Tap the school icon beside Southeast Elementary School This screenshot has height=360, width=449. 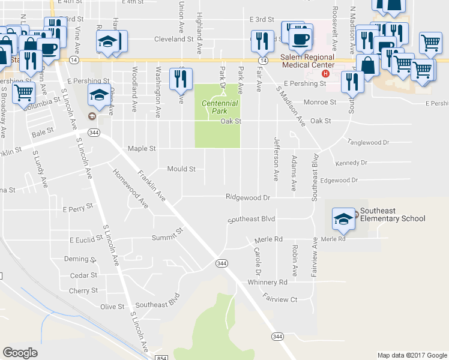[344, 219]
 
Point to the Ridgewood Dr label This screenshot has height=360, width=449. [249, 197]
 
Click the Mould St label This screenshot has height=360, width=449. [181, 169]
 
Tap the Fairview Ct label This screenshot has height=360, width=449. [280, 298]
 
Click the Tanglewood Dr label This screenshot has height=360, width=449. [369, 142]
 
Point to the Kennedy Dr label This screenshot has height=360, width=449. [351, 163]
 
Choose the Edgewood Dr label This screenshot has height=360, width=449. [339, 180]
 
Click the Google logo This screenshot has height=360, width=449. [20, 352]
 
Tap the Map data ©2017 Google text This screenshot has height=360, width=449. [412, 355]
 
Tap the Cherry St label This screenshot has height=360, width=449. [83, 290]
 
